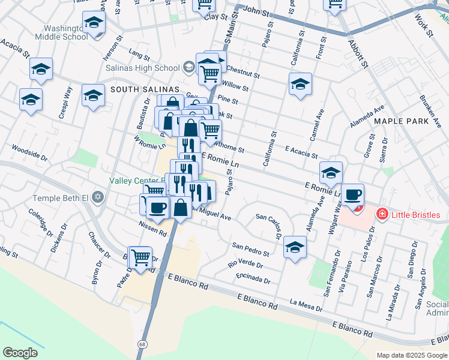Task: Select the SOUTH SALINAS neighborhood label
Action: pyautogui.click(x=136, y=89)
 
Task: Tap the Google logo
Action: pyautogui.click(x=20, y=353)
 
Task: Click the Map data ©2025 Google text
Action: pyautogui.click(x=412, y=355)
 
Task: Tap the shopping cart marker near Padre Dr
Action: pyautogui.click(x=140, y=258)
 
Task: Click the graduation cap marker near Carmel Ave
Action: pyautogui.click(x=300, y=84)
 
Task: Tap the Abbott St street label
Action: pyautogui.click(x=358, y=55)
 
